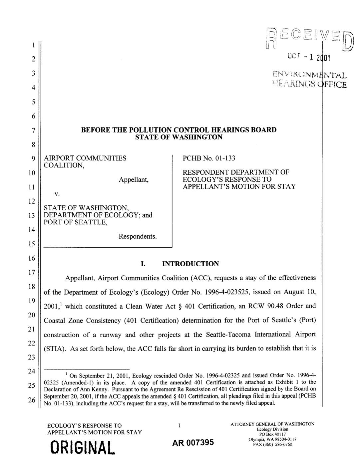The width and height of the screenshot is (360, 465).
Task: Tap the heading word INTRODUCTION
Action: click(190, 264)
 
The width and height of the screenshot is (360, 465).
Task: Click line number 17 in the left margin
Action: click(32, 273)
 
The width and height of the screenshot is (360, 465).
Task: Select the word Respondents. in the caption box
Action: click(138, 236)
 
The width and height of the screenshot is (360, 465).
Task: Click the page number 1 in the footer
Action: click(179, 425)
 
